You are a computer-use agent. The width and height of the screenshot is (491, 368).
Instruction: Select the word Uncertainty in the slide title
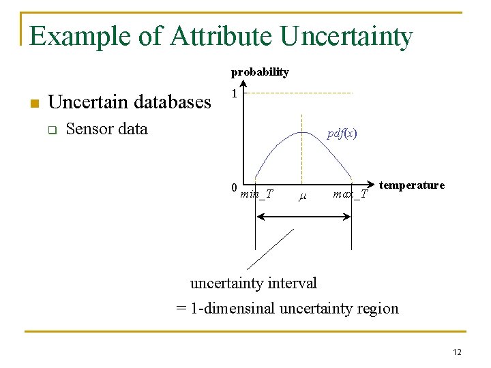point(346,36)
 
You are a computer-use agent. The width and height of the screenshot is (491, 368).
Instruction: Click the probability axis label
point(260,72)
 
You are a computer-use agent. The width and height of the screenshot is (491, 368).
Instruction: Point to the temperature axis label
point(412,185)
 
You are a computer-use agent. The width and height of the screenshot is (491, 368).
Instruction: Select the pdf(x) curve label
point(342,134)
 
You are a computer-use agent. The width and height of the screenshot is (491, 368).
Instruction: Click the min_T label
point(256,194)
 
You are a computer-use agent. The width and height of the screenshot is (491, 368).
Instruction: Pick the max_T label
point(350,195)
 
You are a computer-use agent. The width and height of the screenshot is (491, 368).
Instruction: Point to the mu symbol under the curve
point(303,196)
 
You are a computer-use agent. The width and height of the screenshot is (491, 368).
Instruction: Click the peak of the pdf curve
point(300,132)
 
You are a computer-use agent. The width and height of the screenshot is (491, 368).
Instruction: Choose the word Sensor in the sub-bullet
point(89,129)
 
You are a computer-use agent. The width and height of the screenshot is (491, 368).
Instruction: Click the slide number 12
point(456,352)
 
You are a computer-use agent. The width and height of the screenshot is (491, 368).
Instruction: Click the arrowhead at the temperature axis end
point(371,183)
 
